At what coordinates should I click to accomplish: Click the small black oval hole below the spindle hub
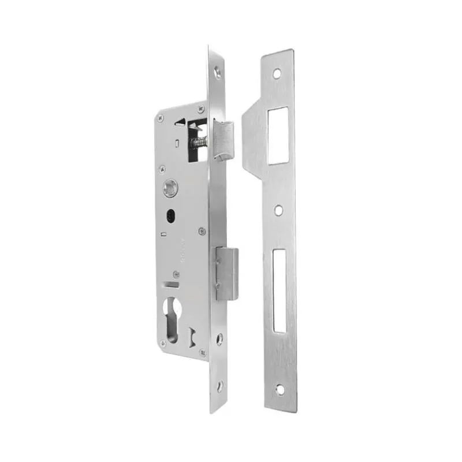point(170,214)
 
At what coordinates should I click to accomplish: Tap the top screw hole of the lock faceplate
point(217,73)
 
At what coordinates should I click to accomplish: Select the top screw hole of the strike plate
point(277,74)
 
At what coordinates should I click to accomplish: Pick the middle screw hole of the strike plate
point(278,210)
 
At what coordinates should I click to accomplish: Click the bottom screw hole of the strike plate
point(280,389)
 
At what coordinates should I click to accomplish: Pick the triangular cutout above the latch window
point(181,122)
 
